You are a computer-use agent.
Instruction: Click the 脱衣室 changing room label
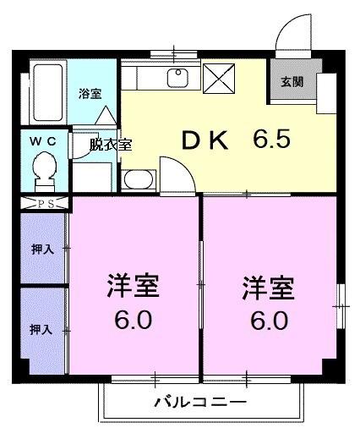click(112, 145)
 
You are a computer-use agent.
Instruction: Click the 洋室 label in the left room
click(133, 286)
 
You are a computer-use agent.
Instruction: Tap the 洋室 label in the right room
click(269, 288)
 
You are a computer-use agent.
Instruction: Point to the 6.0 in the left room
click(133, 321)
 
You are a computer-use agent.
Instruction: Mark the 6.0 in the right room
click(269, 322)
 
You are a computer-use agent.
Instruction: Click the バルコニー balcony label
click(200, 402)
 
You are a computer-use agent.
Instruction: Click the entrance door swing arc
click(292, 32)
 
